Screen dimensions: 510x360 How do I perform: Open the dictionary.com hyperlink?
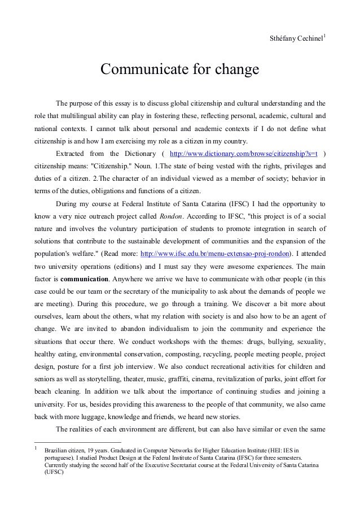pos(247,154)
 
